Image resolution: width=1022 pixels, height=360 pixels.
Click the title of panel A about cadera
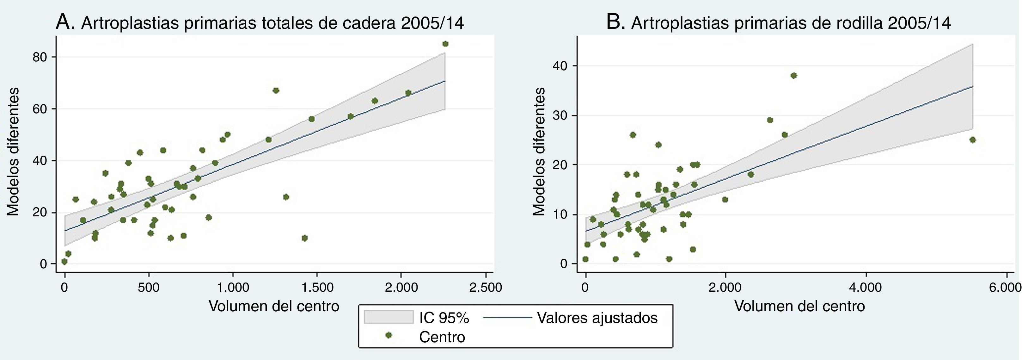coord(260,23)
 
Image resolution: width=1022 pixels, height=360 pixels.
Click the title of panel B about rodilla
coord(778,23)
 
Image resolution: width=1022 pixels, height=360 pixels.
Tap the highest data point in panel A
coord(445,44)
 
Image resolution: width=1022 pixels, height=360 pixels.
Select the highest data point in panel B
coord(793,75)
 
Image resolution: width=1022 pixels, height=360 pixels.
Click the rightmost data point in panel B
coord(972,140)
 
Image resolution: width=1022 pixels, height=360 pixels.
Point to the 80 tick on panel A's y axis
coord(40,57)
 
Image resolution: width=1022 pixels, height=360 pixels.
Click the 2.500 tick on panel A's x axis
coord(485,287)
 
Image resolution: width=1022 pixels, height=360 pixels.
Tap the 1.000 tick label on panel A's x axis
coord(232,287)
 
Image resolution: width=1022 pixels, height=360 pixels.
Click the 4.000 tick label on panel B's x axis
coord(866,287)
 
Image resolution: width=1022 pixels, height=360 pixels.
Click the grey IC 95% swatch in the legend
coord(389,317)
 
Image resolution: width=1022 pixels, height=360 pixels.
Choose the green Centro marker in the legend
coord(389,335)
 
